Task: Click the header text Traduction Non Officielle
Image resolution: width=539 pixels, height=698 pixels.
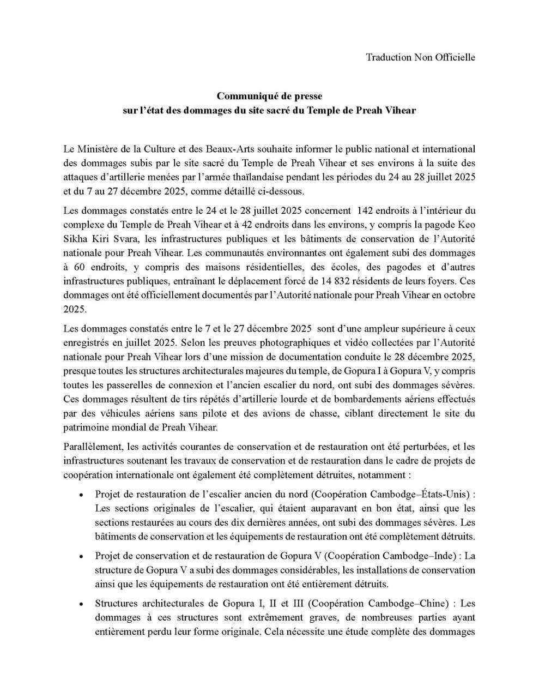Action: pyautogui.click(x=420, y=57)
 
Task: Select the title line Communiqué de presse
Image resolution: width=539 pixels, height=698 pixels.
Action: pyautogui.click(x=269, y=97)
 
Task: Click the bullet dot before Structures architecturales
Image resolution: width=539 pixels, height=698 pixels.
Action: pyautogui.click(x=81, y=605)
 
